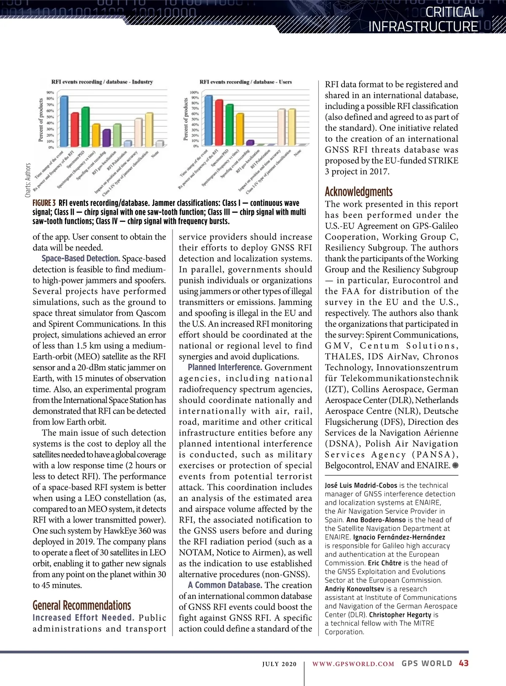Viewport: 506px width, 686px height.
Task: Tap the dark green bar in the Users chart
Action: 229,124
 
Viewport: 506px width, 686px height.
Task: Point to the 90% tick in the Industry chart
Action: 50,92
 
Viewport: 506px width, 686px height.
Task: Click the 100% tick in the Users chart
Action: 194,92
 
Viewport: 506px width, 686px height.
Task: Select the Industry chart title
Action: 102,82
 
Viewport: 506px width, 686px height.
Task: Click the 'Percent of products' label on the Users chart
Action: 186,119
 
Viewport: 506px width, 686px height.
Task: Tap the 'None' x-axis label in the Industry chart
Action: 155,155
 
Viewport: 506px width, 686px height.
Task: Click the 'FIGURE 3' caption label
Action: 44,203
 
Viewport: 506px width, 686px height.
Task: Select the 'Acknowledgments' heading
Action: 358,192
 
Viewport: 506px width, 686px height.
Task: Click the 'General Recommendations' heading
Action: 82,605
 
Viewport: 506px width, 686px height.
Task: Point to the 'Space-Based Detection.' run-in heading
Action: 81,259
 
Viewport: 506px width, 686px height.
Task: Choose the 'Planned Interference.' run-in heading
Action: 225,367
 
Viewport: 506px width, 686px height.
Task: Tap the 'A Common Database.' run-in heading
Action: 225,585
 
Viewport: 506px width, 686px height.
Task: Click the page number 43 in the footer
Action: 463,663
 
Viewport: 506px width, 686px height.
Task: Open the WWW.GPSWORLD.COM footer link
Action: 353,664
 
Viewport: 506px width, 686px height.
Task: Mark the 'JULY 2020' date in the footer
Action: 279,664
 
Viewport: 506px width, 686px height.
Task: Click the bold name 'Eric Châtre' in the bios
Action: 385,563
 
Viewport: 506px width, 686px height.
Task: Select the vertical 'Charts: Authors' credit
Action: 28,180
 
